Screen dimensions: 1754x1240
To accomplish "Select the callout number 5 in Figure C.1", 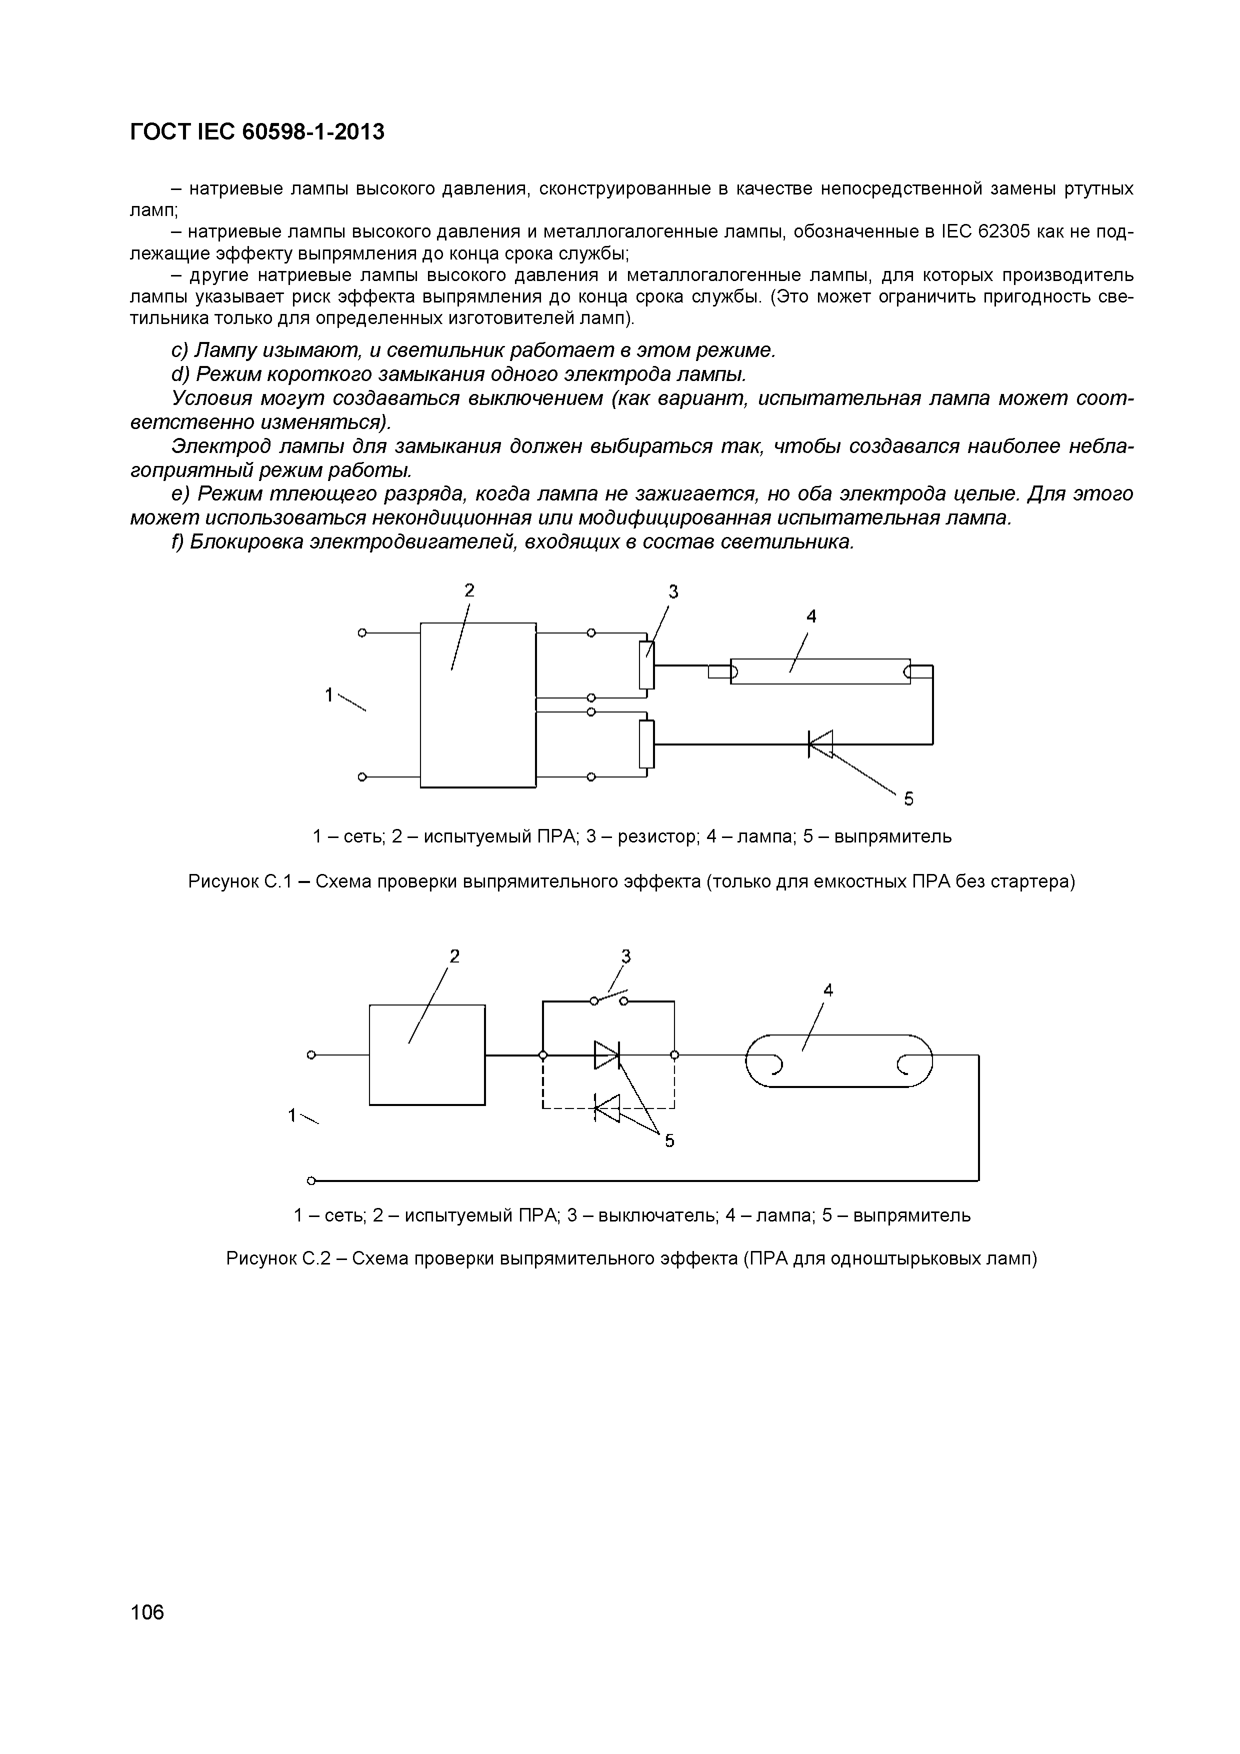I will point(908,799).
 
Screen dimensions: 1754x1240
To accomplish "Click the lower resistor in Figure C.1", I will point(646,744).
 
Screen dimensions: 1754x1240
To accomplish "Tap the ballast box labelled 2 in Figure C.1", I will point(478,704).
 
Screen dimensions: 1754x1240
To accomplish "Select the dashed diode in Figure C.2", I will point(607,1107).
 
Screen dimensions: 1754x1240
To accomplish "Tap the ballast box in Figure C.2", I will point(426,1054).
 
